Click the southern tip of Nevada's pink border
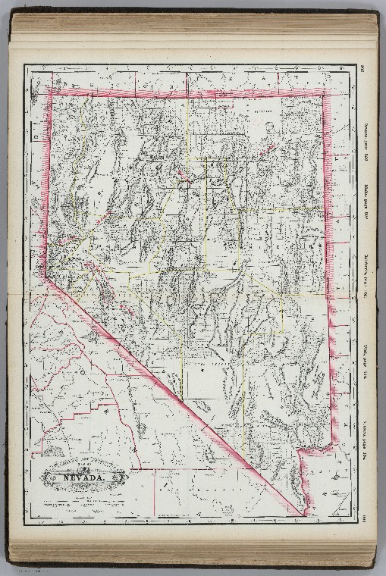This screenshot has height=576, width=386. [303, 515]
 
